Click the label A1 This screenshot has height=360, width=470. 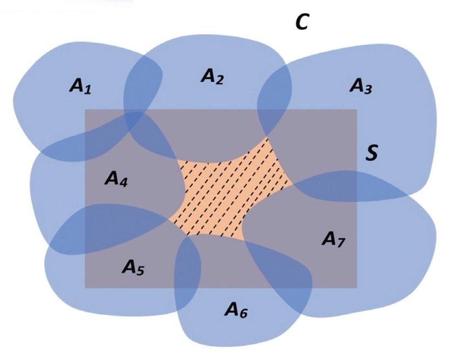[80, 86]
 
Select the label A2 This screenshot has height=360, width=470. [212, 77]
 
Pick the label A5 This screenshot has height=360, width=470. [133, 267]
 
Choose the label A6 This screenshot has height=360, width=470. [236, 310]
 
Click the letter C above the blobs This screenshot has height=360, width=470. [302, 23]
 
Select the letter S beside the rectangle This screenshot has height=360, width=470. [371, 153]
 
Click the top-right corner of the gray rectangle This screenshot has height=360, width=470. [357, 110]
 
